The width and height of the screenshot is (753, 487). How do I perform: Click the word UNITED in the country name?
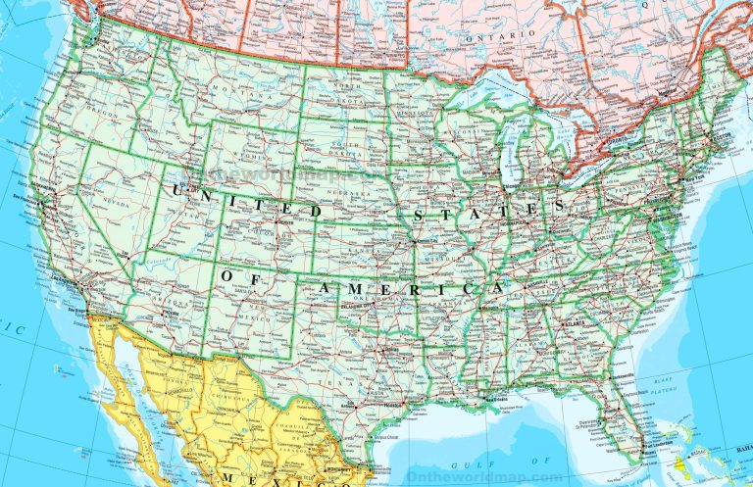tap(249, 201)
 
